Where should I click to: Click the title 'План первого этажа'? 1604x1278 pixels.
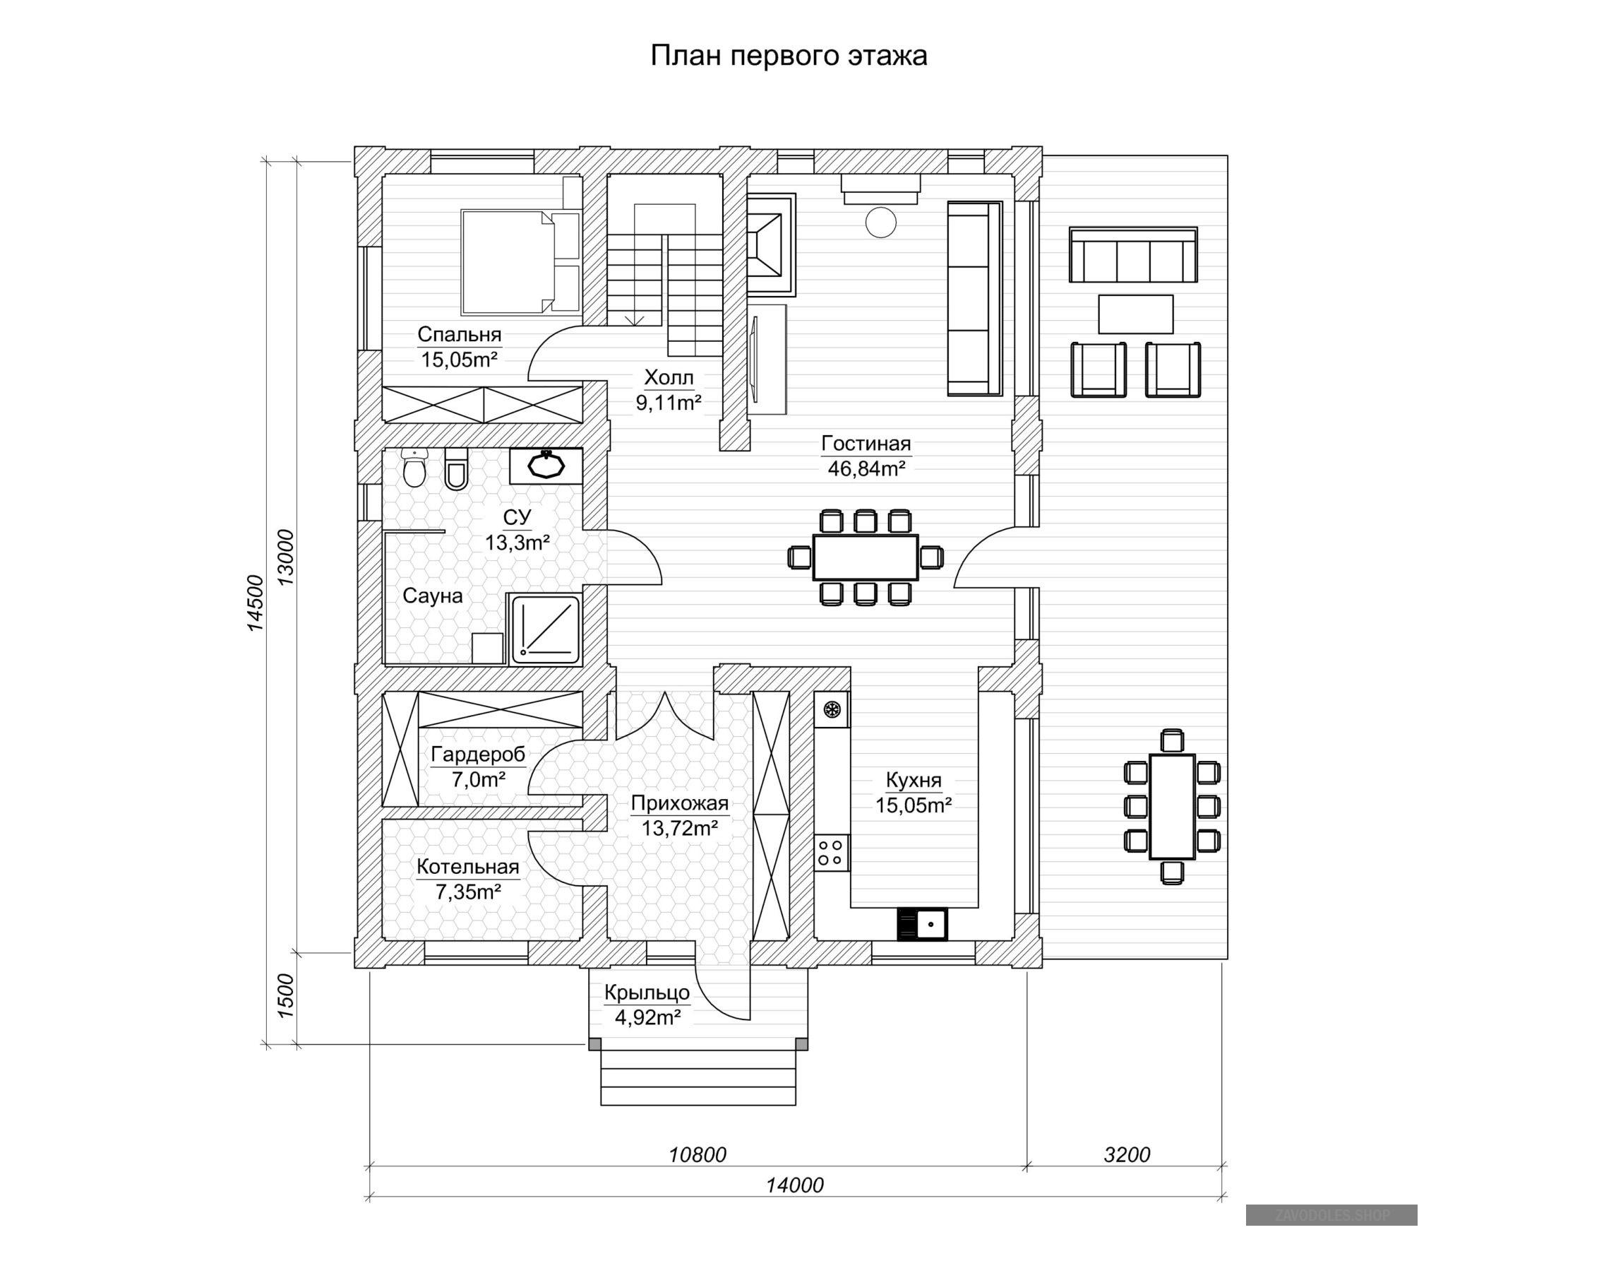[x=789, y=56]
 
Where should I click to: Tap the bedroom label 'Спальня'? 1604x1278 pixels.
[x=459, y=334]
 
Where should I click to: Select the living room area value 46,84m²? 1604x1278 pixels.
[x=866, y=469]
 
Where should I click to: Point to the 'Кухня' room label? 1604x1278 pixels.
[x=914, y=780]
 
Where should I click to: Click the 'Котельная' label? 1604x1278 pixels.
[x=467, y=866]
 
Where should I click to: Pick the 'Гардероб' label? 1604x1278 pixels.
[x=478, y=755]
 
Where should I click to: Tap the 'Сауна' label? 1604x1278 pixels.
[x=432, y=596]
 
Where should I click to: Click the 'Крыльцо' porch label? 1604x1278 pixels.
[x=647, y=993]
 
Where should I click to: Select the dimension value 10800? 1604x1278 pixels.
[x=697, y=1155]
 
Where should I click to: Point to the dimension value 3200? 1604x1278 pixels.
[x=1127, y=1155]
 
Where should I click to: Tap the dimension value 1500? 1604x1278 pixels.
[x=286, y=995]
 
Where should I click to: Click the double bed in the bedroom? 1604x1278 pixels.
[x=520, y=261]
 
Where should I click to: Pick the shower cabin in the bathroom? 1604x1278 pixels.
[x=544, y=629]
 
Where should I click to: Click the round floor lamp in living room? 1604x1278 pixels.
[x=880, y=222]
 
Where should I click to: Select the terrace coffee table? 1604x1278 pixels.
[x=1135, y=314]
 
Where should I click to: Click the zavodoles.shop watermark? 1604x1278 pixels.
[x=1331, y=1215]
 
